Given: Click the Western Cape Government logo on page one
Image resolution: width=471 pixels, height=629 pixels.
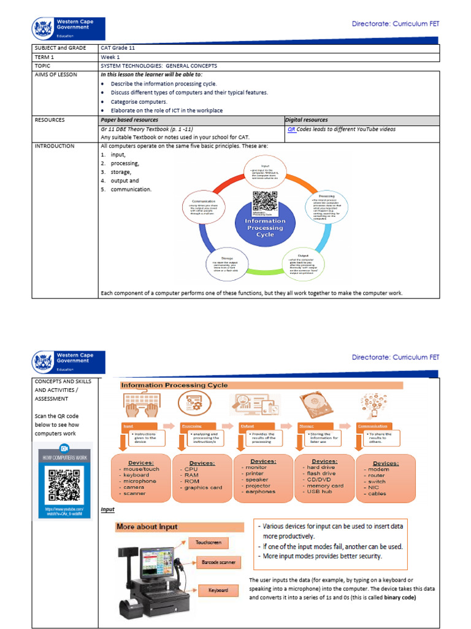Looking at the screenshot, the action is click(x=68, y=29).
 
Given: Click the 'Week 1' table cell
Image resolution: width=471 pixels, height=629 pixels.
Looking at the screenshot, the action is click(x=110, y=57).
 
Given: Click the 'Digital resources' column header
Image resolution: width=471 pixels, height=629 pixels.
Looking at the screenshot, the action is click(x=307, y=120).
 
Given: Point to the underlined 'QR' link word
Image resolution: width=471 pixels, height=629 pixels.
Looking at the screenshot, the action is click(x=291, y=130).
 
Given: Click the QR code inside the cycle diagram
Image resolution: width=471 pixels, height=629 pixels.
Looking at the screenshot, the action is click(x=265, y=202).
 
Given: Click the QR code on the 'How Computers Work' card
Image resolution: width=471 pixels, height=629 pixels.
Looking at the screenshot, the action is click(x=64, y=485).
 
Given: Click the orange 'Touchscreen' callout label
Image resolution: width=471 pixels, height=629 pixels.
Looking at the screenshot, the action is click(x=209, y=543).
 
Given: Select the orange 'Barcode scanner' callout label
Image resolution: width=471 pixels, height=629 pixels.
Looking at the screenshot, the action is click(x=218, y=562).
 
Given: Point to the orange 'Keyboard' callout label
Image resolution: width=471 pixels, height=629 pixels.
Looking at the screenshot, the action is click(x=217, y=590).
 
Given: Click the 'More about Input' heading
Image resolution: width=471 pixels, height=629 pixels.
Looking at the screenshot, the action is click(x=147, y=526).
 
